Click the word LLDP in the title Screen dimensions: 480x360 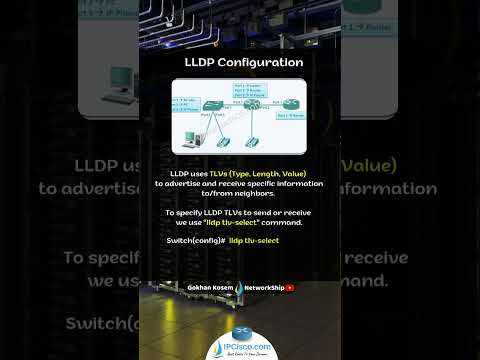click(x=200, y=62)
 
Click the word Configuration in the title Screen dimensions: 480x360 click(x=256, y=62)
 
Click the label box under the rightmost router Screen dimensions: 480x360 click(x=292, y=117)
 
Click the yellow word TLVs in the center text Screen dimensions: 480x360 click(x=223, y=173)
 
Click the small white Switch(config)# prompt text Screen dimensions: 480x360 click(x=195, y=241)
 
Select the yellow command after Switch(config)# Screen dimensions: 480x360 click(x=254, y=241)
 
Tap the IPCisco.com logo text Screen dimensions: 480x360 click(x=241, y=345)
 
